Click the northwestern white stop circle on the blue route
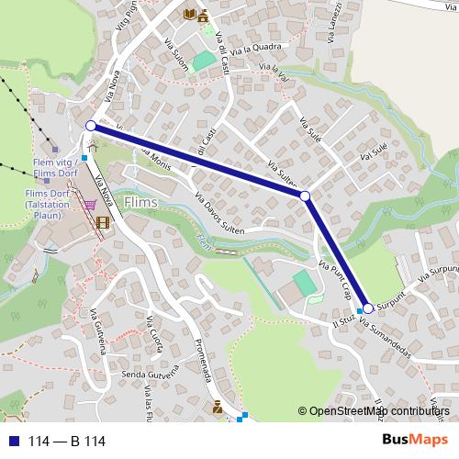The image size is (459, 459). pyautogui.click(x=91, y=126)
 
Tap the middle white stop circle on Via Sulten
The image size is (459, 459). pyautogui.click(x=305, y=196)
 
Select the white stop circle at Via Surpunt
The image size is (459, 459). pyautogui.click(x=368, y=308)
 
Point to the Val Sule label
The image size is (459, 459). pyautogui.click(x=375, y=151)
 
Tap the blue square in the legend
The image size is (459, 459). pyautogui.click(x=13, y=442)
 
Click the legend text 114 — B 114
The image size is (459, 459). pyautogui.click(x=67, y=442)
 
